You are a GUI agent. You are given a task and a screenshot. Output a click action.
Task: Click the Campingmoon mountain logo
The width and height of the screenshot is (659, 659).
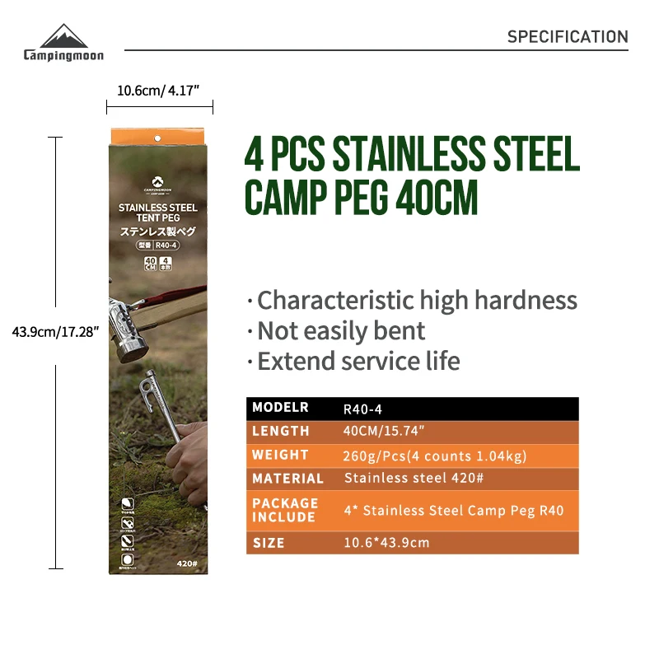point(63,37)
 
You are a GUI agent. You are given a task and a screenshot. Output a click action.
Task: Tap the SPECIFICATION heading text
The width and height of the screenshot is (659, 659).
point(568,37)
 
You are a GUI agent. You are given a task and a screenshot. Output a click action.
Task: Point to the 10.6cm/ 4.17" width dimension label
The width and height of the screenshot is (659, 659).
point(159,91)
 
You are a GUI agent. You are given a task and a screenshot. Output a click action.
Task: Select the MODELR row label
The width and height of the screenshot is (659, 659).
point(280,407)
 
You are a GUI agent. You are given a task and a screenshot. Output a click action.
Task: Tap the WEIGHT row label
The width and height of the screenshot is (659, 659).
point(280,455)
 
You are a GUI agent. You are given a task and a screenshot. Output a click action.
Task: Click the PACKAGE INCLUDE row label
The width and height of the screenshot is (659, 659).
point(285,510)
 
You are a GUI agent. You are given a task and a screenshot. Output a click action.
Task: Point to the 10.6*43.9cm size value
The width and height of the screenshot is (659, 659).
point(386,543)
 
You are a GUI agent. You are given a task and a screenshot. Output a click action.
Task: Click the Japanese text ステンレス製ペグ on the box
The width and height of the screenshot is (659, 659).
point(158,233)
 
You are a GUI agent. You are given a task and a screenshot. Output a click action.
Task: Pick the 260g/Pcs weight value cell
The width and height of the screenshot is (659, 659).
point(434,456)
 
